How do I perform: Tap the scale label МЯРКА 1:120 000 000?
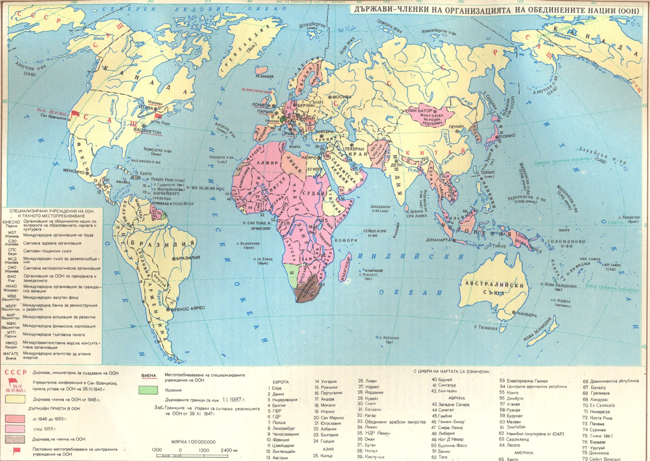pyautogui.click(x=194, y=442)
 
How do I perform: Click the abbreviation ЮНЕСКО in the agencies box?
pyautogui.click(x=10, y=222)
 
